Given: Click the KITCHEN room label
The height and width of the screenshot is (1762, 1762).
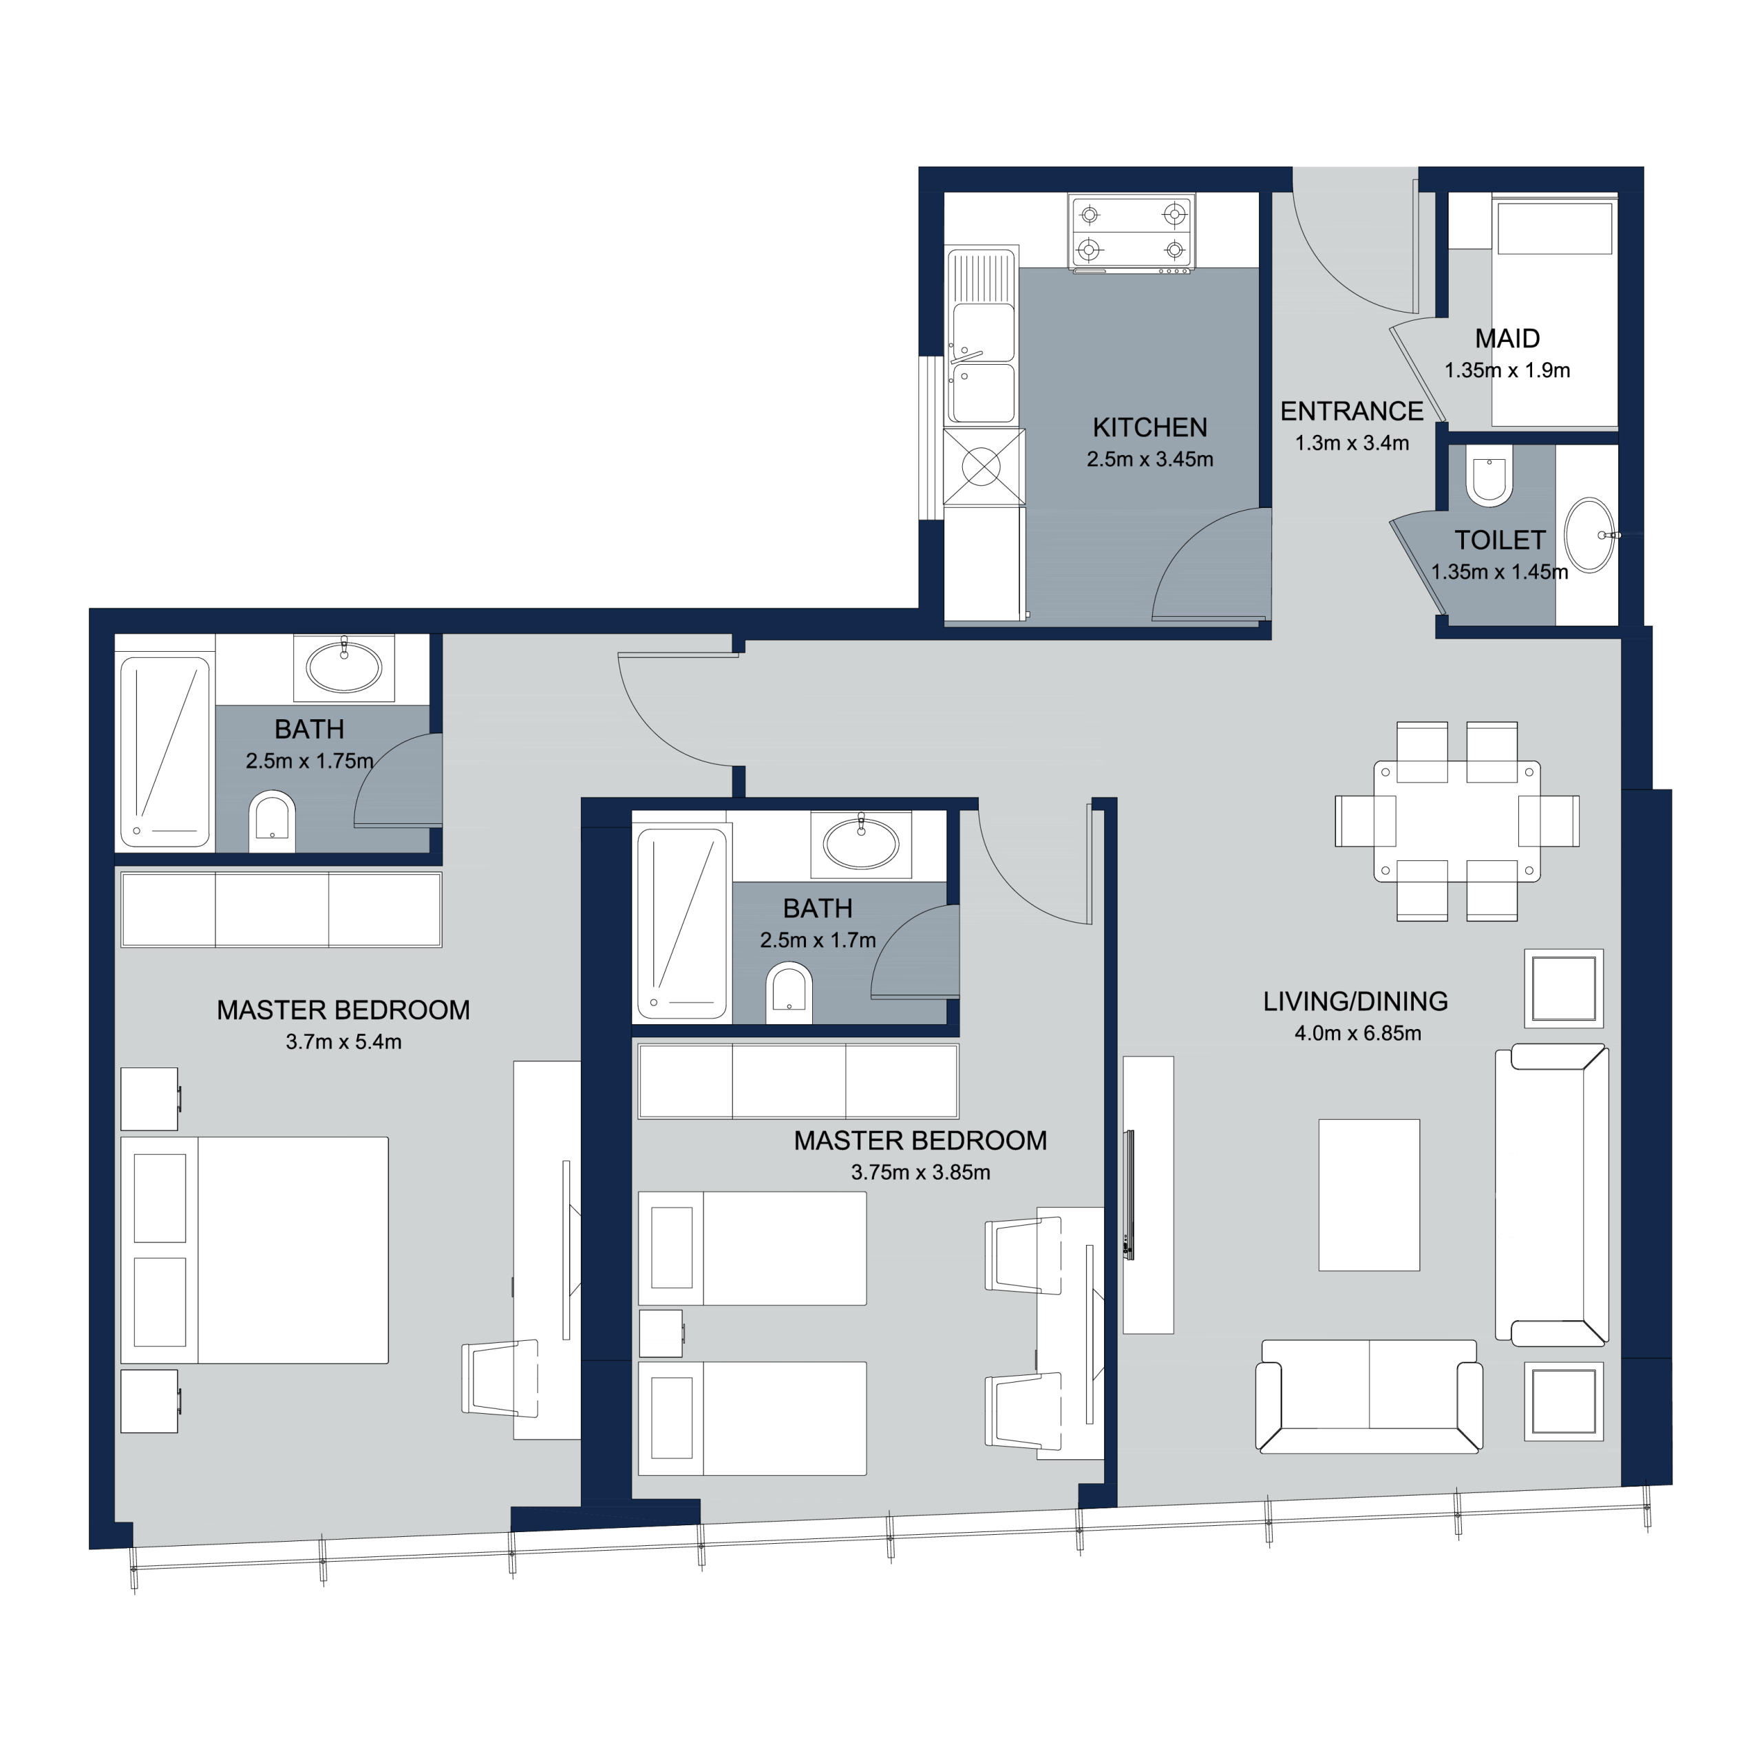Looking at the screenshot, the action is click(x=1149, y=427).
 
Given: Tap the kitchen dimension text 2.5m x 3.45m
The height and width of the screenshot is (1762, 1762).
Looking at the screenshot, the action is click(x=1149, y=460).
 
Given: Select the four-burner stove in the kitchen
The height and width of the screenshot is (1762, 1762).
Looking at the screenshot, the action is click(x=1132, y=233).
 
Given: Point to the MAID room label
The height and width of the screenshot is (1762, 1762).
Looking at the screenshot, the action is click(x=1507, y=339).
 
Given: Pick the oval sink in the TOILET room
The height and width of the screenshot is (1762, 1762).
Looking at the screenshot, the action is click(x=1590, y=535).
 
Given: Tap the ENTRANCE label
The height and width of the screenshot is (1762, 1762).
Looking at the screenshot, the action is click(x=1352, y=412).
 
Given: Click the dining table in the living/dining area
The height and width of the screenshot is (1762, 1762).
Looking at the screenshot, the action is click(x=1456, y=821).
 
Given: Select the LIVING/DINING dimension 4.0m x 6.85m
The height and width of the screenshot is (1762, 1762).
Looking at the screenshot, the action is click(x=1358, y=1033).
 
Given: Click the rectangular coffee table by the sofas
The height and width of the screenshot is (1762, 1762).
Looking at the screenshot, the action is click(x=1369, y=1195).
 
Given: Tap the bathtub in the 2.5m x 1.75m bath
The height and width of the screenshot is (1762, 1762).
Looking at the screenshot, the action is click(x=165, y=752).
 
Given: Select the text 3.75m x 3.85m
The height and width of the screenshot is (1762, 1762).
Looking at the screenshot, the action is click(x=920, y=1173).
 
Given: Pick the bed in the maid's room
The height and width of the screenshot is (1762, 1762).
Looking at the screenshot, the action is click(x=1554, y=310).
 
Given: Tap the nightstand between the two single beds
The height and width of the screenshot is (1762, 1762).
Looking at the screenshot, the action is click(x=661, y=1333).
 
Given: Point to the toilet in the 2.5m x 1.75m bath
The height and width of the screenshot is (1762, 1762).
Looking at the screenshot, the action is click(x=272, y=821).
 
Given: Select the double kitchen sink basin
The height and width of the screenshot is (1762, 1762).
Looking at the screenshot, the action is click(x=982, y=363).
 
